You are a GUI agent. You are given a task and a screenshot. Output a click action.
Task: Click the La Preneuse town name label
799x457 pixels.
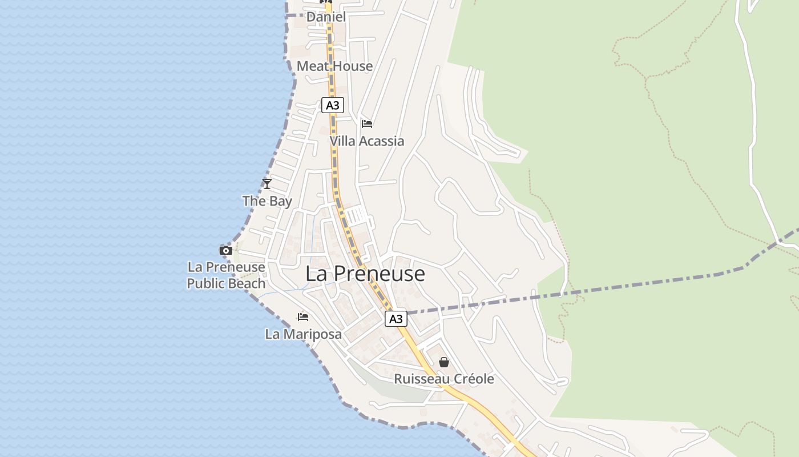[x=365, y=274]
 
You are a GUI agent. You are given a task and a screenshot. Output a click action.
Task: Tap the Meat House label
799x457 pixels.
[x=334, y=66]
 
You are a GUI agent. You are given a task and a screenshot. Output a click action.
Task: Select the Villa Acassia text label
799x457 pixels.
[x=367, y=141]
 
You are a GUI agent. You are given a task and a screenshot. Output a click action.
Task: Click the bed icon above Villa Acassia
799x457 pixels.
[x=367, y=123]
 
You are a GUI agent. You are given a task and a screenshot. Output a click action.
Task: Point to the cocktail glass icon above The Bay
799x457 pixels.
[x=267, y=183]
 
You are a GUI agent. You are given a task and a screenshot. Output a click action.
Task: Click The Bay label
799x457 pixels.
[x=267, y=201]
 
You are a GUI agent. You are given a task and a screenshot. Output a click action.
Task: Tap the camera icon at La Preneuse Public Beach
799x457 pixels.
[x=226, y=250]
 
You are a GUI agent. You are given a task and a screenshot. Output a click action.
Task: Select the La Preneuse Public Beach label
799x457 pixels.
[x=227, y=275]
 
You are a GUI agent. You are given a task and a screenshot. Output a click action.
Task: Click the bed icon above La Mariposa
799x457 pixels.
[x=303, y=316]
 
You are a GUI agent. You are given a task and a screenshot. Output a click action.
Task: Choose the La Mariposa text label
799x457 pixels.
[x=303, y=334]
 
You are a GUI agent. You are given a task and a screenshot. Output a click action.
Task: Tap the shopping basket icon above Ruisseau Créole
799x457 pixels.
[x=444, y=362]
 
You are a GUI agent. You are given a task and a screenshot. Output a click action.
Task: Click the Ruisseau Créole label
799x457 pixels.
[x=444, y=379]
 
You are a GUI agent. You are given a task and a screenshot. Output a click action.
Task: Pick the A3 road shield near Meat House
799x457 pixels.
[x=333, y=105]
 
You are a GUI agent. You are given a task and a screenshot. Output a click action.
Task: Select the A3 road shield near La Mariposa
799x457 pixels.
[x=396, y=319]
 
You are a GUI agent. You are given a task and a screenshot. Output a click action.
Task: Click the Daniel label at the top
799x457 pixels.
[x=326, y=17]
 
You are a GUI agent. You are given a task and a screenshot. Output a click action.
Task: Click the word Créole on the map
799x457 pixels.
[x=472, y=379]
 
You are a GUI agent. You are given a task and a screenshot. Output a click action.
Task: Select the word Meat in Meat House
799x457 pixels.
[x=313, y=66]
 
